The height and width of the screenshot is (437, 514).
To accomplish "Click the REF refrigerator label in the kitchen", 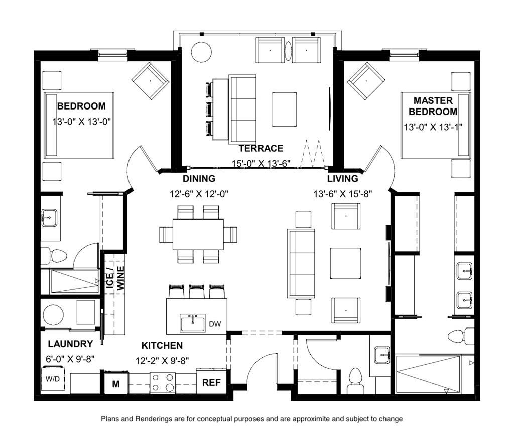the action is pyautogui.click(x=211, y=383).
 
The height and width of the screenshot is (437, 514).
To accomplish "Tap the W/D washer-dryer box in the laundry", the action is pyautogui.click(x=53, y=379).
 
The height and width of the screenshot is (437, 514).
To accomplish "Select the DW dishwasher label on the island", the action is pyautogui.click(x=215, y=324).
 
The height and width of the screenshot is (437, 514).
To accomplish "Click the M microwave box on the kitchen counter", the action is pyautogui.click(x=116, y=384).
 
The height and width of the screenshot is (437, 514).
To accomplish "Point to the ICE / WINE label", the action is pyautogui.click(x=115, y=278).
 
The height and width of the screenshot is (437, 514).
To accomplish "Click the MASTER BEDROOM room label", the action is pyautogui.click(x=433, y=106).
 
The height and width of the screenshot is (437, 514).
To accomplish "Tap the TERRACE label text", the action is pyautogui.click(x=261, y=148).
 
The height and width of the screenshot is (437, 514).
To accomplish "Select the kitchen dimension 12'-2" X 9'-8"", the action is pyautogui.click(x=162, y=361).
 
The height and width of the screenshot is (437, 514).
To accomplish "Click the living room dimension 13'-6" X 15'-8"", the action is pyautogui.click(x=342, y=194).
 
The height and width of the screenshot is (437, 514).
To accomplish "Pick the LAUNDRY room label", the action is pyautogui.click(x=70, y=344).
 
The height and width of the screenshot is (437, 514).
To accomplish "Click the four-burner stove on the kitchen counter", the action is pyautogui.click(x=162, y=382).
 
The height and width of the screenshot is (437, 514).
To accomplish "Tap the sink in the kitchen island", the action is pyautogui.click(x=192, y=322).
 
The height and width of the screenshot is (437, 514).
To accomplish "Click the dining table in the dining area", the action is pyautogui.click(x=198, y=234).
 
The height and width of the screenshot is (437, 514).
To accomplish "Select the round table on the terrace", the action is pyautogui.click(x=201, y=52).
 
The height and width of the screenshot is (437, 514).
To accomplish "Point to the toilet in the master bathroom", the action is pyautogui.click(x=461, y=337).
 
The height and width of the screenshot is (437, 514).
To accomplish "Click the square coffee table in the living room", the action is pyautogui.click(x=345, y=263).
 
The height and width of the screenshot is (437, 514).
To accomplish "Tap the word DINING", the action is pyautogui.click(x=199, y=179).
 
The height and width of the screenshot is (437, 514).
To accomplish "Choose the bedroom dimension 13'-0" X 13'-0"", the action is pyautogui.click(x=82, y=122).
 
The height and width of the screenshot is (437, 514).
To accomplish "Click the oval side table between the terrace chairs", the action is pyautogui.click(x=288, y=51).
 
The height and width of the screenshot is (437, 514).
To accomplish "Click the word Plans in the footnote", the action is pyautogui.click(x=109, y=419).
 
